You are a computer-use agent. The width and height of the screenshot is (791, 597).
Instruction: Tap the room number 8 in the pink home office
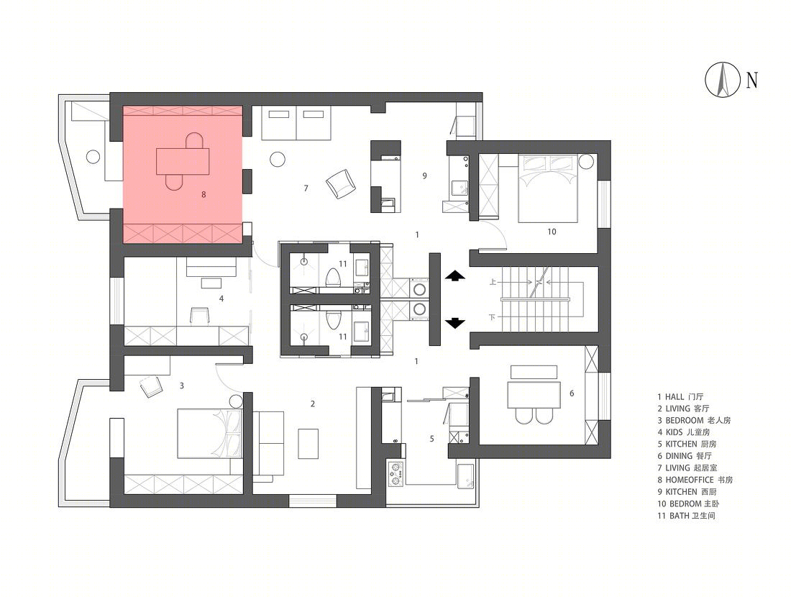(204, 194)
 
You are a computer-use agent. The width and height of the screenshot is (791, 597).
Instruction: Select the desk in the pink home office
(183, 161)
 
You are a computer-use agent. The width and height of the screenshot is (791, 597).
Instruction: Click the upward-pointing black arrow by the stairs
(454, 275)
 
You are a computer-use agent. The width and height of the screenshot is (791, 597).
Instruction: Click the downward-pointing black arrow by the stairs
(454, 323)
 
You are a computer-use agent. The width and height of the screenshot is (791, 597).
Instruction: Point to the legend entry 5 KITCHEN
(687, 444)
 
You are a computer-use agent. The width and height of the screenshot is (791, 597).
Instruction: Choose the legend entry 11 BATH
(686, 516)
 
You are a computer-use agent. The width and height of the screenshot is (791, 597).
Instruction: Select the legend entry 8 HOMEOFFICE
(695, 480)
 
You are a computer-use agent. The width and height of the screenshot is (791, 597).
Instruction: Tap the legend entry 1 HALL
(680, 397)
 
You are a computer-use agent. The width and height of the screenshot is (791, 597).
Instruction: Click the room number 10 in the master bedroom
(552, 232)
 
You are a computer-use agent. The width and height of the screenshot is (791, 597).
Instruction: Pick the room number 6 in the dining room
(572, 393)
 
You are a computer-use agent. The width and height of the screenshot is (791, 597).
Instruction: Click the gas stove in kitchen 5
(396, 473)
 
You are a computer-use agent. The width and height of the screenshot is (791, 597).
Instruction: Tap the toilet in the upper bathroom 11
(333, 277)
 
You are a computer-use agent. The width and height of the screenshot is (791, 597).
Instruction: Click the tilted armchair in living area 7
(341, 183)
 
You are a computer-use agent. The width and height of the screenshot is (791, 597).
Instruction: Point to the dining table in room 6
(534, 395)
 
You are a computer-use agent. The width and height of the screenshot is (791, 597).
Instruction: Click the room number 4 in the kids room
(221, 298)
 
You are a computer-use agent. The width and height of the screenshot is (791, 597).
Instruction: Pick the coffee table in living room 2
(308, 444)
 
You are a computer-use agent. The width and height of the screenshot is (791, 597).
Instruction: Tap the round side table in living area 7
(278, 160)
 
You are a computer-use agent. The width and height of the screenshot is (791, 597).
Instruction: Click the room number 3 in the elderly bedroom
(182, 386)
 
